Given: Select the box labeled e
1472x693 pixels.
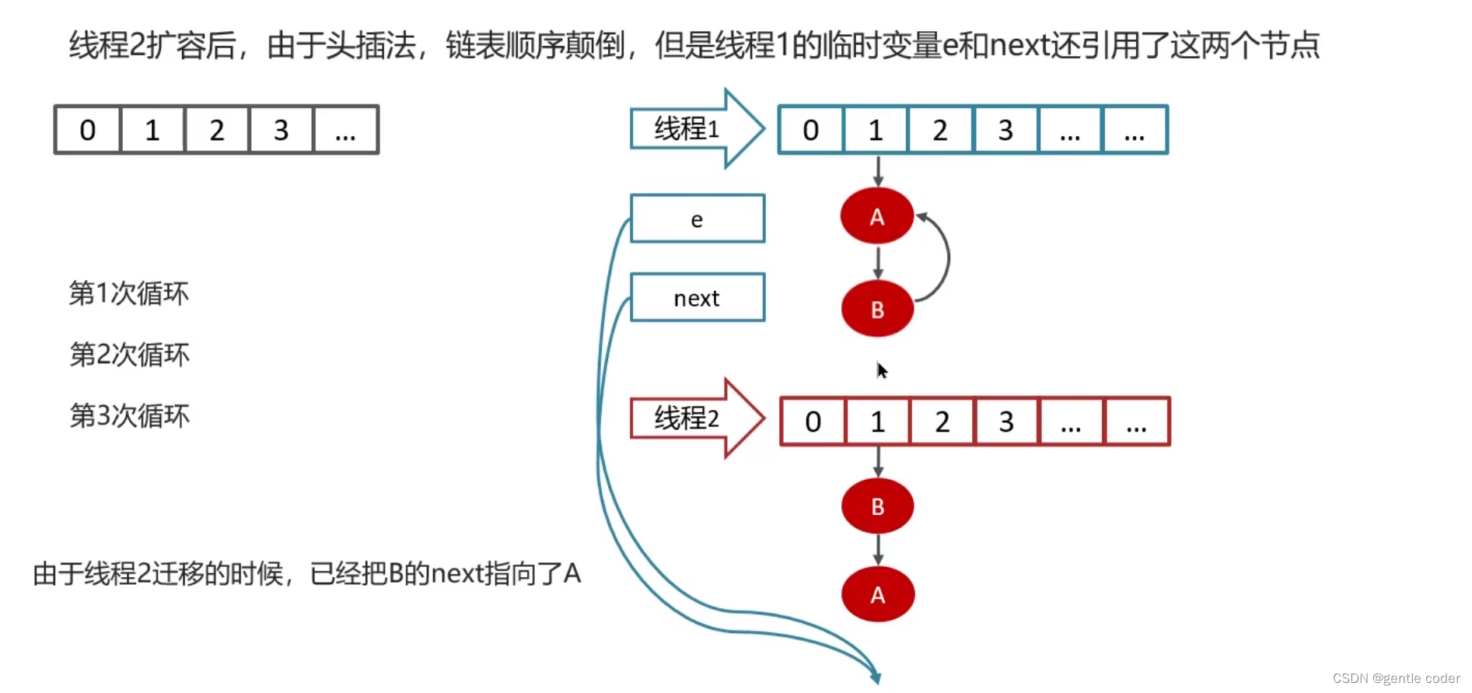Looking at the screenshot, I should [697, 219].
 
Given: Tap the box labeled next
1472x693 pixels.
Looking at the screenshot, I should [697, 298].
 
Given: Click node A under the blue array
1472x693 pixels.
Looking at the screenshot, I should [876, 216].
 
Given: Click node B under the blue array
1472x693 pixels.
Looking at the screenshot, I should [877, 309].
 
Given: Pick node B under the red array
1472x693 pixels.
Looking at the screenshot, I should [877, 506].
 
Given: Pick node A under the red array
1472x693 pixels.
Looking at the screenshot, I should [878, 595].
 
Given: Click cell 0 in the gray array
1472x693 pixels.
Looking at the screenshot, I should [88, 130].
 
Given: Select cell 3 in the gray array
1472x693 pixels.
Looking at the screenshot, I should [281, 130].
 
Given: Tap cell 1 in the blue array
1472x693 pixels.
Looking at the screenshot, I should [876, 130].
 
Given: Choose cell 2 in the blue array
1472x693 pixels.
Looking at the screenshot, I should [940, 130].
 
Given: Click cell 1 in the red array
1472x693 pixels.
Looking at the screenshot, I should [878, 422].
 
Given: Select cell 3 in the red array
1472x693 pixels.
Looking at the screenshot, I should [1006, 422].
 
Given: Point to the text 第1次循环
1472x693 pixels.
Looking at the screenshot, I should [129, 293].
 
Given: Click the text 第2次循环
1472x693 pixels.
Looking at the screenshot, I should [129, 355].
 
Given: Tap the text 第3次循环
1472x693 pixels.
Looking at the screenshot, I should [129, 416].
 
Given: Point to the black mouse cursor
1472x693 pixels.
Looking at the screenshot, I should [882, 370].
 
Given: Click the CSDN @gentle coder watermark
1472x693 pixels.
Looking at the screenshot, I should [1396, 678].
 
